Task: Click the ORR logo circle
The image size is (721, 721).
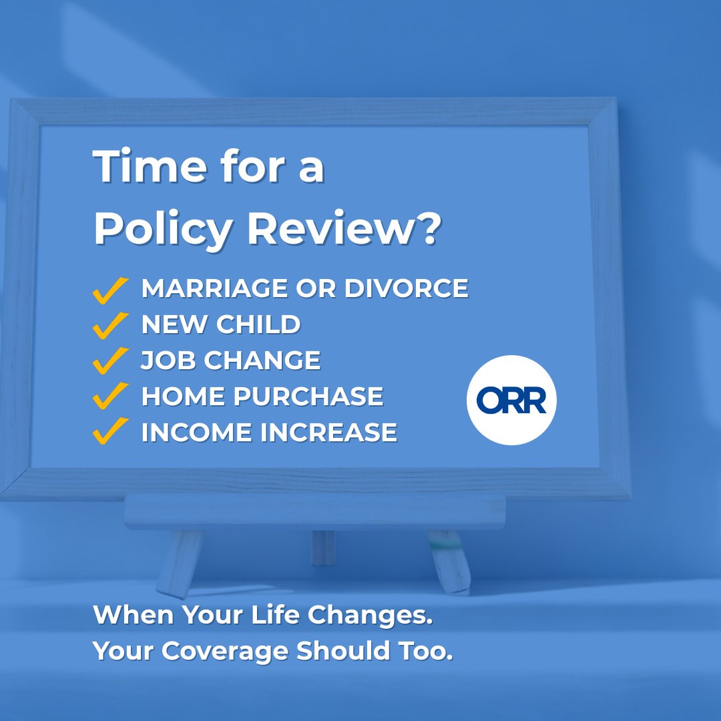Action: [x=511, y=400]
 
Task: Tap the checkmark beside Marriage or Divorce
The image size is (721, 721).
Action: [x=110, y=290]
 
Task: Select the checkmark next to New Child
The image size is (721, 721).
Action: [x=110, y=326]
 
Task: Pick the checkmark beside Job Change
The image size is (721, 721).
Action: [x=110, y=361]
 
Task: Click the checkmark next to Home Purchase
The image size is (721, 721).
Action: [x=110, y=397]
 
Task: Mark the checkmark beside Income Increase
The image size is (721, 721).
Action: [x=110, y=433]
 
